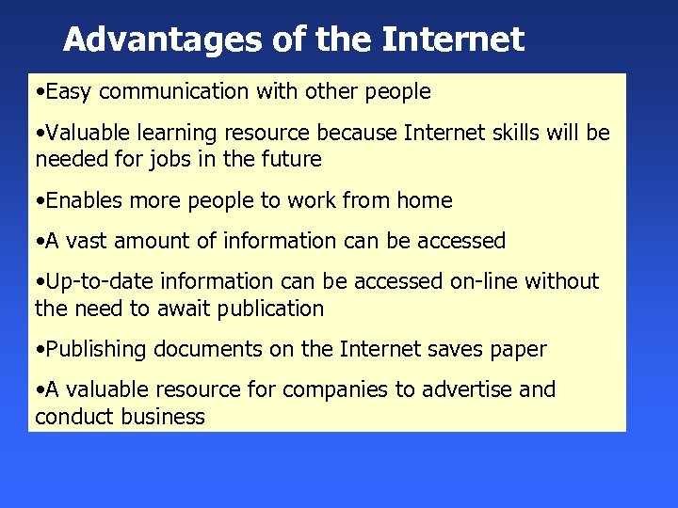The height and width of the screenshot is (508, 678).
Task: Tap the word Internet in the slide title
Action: coord(453,40)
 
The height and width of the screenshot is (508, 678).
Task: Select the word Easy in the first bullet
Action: coord(69,92)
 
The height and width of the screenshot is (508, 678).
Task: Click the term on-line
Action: coord(477,281)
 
